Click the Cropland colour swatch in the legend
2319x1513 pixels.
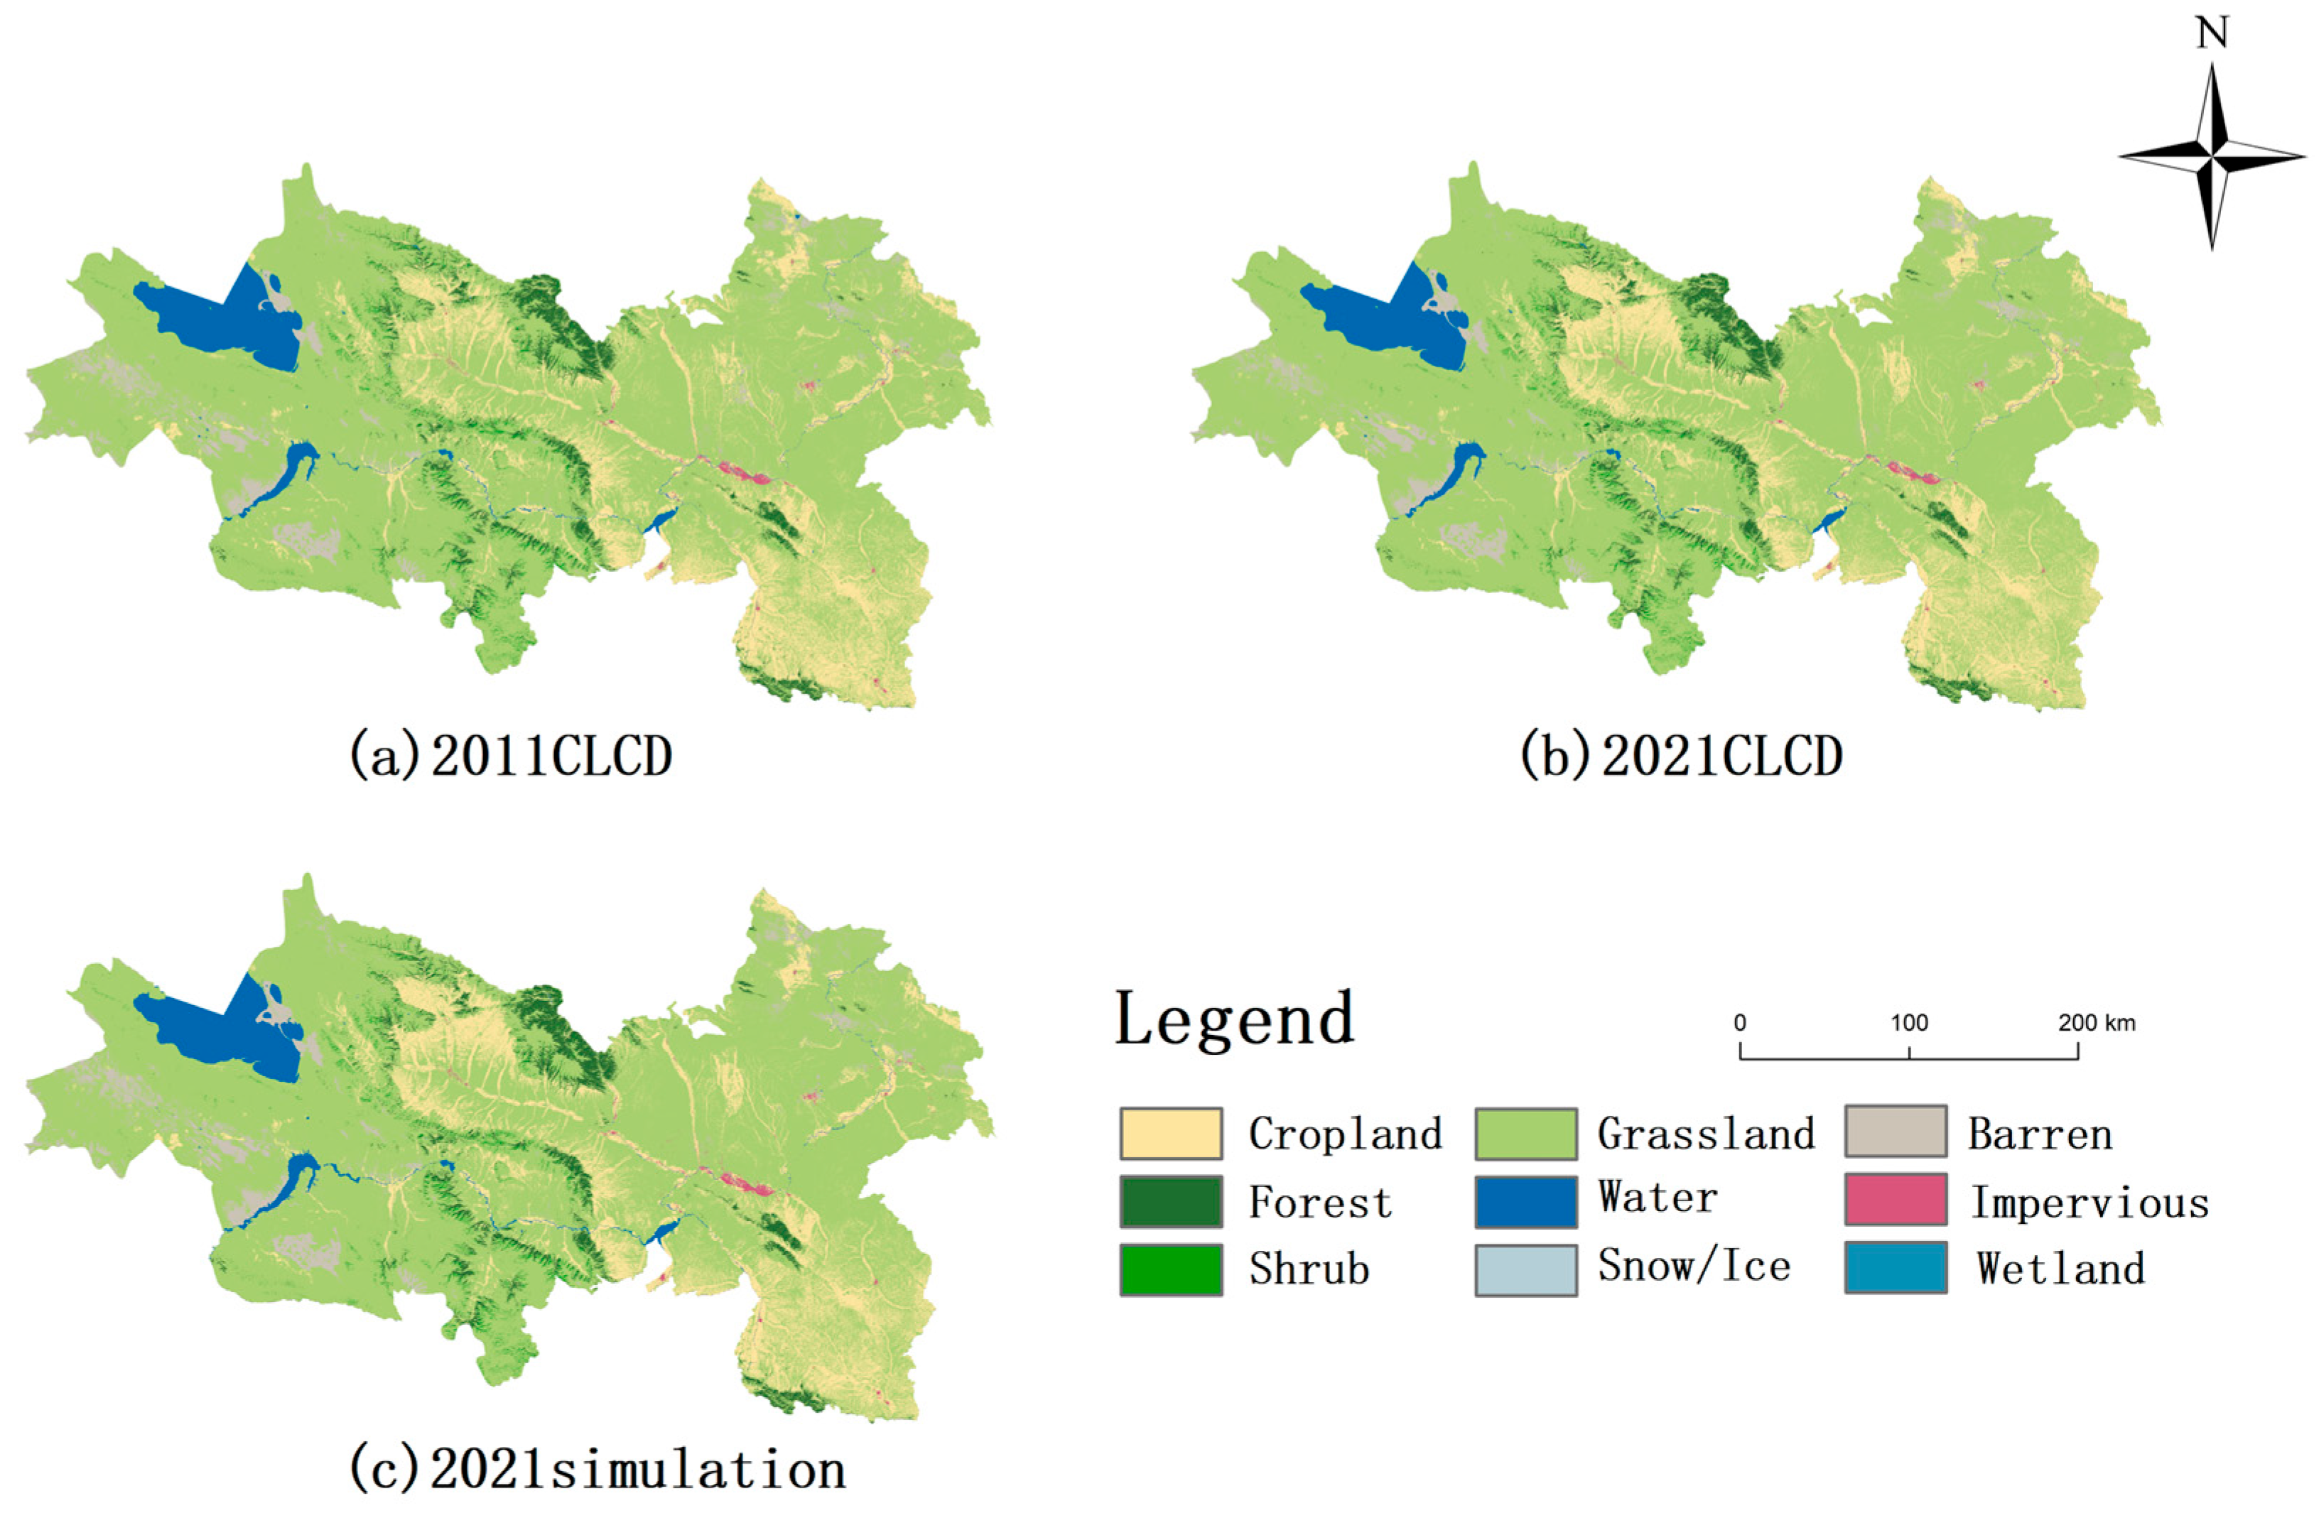[1170, 1133]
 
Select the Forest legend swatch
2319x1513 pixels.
[1170, 1201]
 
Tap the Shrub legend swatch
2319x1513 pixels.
[1170, 1269]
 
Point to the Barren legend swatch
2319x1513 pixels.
[1895, 1130]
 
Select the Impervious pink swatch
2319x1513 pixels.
[1895, 1198]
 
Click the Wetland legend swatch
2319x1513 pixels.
[1895, 1267]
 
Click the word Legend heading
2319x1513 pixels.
[1233, 1019]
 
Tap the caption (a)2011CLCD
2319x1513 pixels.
[511, 755]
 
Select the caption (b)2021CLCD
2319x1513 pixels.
[1681, 755]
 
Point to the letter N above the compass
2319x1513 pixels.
[2212, 34]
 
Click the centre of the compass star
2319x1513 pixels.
[2212, 156]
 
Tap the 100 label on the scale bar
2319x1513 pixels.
[1909, 1023]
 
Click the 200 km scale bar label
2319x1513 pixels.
[2096, 1023]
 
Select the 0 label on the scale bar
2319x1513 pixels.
[1739, 1023]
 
